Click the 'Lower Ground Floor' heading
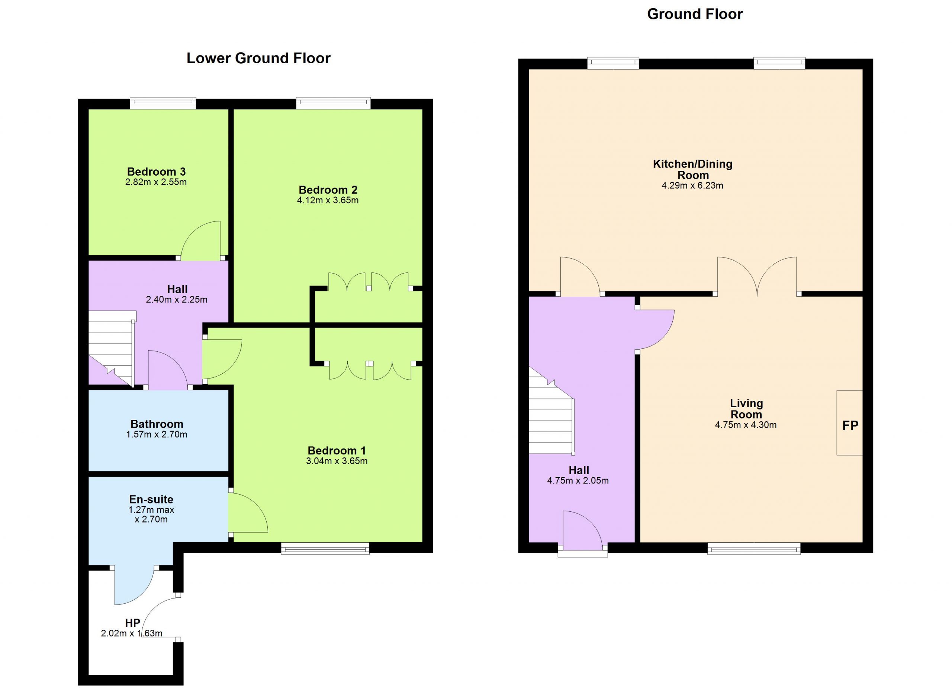[x=258, y=58]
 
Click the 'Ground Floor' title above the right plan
[x=695, y=14]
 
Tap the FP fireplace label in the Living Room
[x=850, y=425]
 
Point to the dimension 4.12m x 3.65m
[x=328, y=200]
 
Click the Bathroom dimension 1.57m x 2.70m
[x=157, y=434]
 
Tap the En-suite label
[x=151, y=499]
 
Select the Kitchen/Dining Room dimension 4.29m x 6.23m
[x=692, y=186]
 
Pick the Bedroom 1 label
[x=337, y=451]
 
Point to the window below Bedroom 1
[x=325, y=548]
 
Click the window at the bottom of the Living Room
[x=754, y=548]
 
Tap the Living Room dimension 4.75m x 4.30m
[x=746, y=425]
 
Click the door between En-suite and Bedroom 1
[x=248, y=513]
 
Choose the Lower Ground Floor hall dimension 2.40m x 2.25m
[x=176, y=300]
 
